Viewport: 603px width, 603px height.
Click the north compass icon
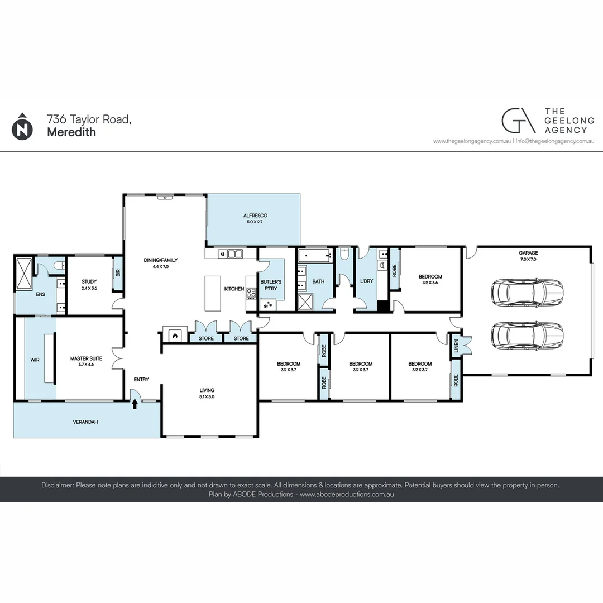(x=22, y=127)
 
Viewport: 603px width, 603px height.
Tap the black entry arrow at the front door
(x=135, y=404)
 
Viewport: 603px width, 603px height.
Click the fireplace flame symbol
(x=175, y=336)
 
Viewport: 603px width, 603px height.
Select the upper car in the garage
(x=527, y=293)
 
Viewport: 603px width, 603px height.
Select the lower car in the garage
(x=527, y=336)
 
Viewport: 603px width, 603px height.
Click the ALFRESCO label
(x=255, y=216)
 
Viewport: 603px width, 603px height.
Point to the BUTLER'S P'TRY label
(x=271, y=285)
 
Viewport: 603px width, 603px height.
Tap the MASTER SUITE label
(x=86, y=358)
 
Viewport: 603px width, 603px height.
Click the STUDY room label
(x=89, y=281)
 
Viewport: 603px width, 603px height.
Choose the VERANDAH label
(x=85, y=422)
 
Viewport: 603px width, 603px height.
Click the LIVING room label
(x=207, y=390)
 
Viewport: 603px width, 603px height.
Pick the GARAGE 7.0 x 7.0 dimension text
(x=528, y=259)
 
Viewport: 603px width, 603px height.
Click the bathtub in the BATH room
(x=315, y=255)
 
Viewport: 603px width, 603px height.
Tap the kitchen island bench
(x=213, y=293)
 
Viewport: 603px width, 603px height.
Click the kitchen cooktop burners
(x=251, y=293)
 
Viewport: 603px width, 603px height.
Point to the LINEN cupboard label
(x=456, y=346)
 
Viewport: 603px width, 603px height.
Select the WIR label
(x=35, y=360)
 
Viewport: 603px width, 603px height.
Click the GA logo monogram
(x=518, y=121)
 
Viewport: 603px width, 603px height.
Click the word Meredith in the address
(x=71, y=132)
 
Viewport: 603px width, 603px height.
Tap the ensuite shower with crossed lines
(x=24, y=274)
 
